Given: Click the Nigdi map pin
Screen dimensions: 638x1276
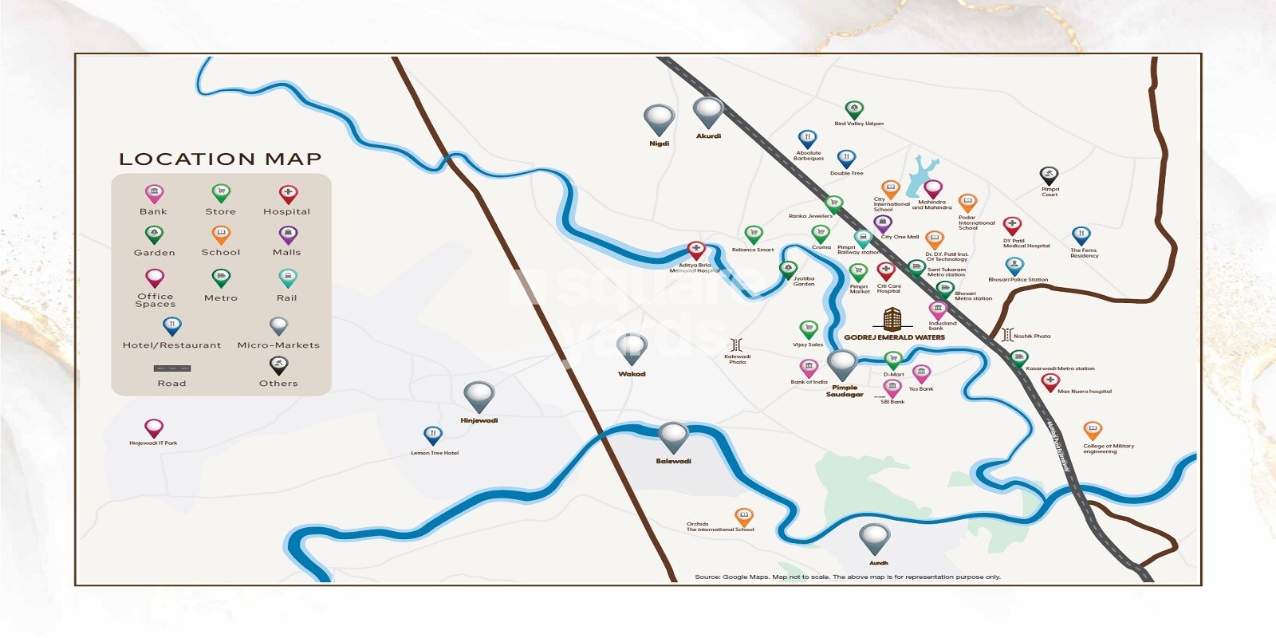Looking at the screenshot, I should tap(659, 120).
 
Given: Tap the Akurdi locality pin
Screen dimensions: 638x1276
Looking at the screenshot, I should tap(707, 112).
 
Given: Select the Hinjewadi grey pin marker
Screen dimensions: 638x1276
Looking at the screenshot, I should tap(478, 396).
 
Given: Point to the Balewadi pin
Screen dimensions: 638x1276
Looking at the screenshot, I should tap(673, 437).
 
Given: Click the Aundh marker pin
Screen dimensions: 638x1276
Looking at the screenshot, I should tap(874, 538).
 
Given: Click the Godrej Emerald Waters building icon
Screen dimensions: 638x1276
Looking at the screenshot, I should tap(892, 319).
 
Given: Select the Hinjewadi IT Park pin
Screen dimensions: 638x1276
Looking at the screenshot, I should tap(154, 428).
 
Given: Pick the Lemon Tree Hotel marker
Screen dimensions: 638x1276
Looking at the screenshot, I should tap(432, 435).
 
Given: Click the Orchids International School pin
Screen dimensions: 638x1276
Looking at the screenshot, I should tap(743, 517).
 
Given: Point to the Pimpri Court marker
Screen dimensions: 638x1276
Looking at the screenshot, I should tap(1049, 175).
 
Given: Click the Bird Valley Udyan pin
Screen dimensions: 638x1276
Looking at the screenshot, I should tap(854, 109).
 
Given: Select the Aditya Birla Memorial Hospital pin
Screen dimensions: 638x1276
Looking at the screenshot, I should tap(696, 251).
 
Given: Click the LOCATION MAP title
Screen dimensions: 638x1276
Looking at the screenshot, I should tap(220, 159).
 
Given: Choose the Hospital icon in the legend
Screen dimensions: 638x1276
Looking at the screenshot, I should tap(288, 194).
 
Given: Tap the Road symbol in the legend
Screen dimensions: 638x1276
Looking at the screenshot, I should tap(172, 368).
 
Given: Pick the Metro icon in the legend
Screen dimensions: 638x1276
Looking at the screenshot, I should tap(221, 278).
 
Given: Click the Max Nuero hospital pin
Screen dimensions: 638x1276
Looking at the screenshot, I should tap(1050, 382).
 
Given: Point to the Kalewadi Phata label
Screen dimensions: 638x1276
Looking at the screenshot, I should tap(737, 360).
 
